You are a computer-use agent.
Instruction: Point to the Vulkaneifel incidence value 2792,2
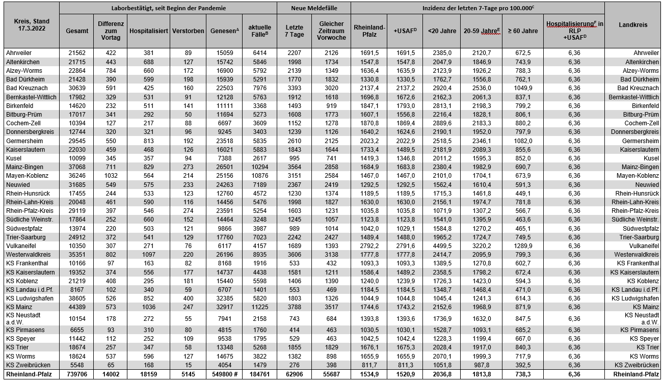pos(368,246)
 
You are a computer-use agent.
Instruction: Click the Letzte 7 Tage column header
pos(294,31)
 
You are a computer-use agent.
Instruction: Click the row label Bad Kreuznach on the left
pos(23,88)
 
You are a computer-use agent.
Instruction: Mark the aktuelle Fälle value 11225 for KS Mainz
pos(259,307)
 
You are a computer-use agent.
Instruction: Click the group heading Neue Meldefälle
pos(313,9)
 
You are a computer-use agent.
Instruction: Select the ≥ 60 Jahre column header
pos(522,31)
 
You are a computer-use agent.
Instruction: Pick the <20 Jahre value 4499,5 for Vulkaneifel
pos(441,246)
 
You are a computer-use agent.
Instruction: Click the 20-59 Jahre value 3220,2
pos(481,246)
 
